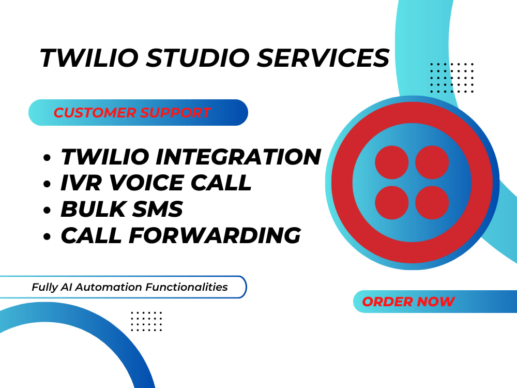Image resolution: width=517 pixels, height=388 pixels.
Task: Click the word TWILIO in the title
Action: pyautogui.click(x=88, y=58)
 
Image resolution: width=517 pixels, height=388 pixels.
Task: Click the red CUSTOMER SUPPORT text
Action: pyautogui.click(x=132, y=113)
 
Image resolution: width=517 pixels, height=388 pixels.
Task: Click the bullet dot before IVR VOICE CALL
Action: pyautogui.click(x=48, y=184)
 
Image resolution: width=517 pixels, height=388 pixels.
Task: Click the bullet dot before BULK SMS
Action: pyautogui.click(x=48, y=211)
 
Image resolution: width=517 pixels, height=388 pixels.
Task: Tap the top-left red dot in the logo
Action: pyautogui.click(x=391, y=162)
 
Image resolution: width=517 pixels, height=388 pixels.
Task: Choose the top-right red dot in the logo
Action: pyautogui.click(x=432, y=162)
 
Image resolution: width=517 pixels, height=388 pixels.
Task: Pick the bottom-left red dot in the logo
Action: pyautogui.click(x=391, y=202)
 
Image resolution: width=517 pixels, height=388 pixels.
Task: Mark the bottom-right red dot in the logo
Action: pyautogui.click(x=432, y=202)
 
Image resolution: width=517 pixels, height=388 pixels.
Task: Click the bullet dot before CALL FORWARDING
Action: pyautogui.click(x=48, y=237)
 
